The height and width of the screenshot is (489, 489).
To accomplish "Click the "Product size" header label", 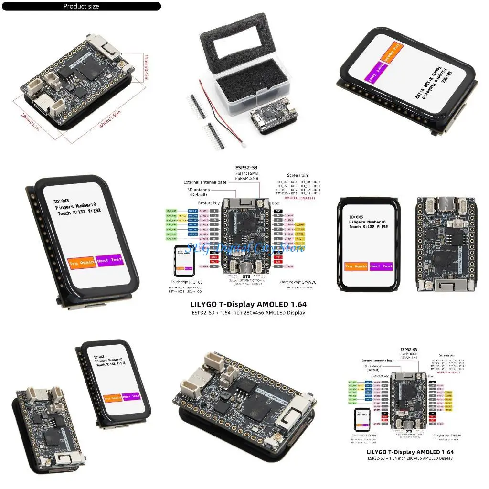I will click(81, 6).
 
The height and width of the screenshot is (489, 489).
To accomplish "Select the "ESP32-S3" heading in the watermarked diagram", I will click(246, 167).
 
